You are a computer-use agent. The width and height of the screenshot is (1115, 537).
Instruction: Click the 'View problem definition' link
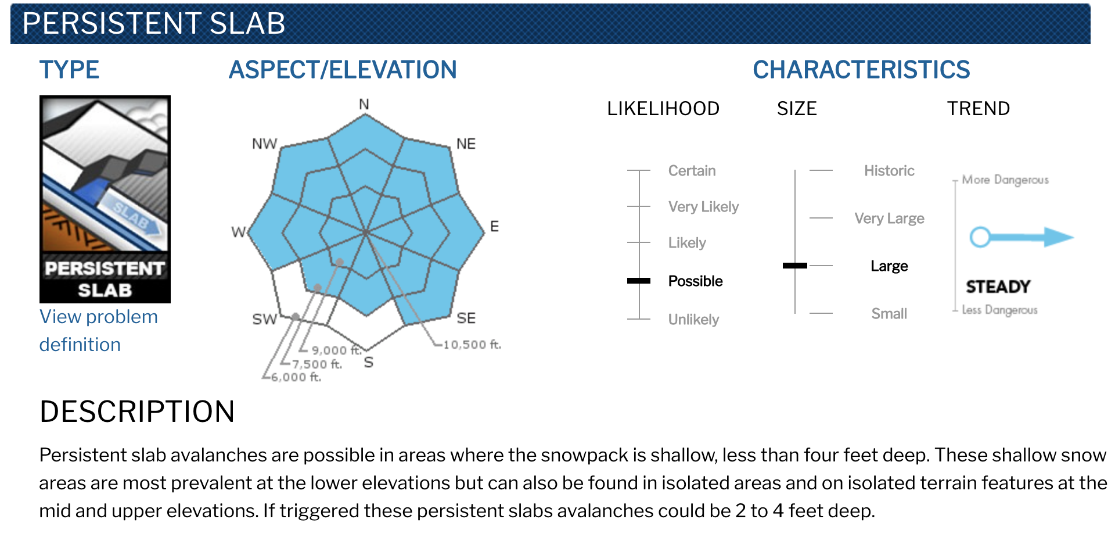[99, 331]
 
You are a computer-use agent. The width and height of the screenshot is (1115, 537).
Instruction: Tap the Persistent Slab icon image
[105, 199]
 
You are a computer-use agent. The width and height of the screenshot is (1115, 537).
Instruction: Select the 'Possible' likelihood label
[695, 281]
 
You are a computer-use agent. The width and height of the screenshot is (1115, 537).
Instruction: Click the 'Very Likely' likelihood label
[703, 207]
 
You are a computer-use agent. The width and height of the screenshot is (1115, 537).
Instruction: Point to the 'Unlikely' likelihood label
[693, 320]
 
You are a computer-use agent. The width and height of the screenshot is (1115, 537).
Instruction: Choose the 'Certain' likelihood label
[692, 171]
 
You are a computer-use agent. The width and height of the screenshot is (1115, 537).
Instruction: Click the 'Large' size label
[889, 266]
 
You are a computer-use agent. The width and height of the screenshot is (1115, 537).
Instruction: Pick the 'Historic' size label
[889, 171]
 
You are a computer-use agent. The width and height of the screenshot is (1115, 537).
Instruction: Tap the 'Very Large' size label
[889, 219]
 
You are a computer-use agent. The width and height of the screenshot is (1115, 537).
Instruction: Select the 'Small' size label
[889, 314]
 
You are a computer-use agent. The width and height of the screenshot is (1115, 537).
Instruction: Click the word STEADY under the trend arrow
[998, 287]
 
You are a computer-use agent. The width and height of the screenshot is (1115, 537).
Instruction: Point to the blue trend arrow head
[1059, 237]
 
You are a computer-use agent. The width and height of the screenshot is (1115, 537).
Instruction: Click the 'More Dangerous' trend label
[1005, 180]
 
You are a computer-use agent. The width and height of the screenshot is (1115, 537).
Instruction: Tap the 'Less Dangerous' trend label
[999, 310]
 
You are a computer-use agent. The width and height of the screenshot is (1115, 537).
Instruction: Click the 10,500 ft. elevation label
[472, 345]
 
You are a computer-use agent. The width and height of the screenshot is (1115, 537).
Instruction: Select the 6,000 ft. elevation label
[296, 377]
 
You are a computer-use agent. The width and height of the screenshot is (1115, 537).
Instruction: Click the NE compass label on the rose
[466, 144]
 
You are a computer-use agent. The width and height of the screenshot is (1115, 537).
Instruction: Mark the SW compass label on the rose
[264, 319]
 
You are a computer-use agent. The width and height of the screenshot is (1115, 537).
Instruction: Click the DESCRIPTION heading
[137, 411]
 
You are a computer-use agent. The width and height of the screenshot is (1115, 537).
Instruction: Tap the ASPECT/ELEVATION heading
[343, 70]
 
